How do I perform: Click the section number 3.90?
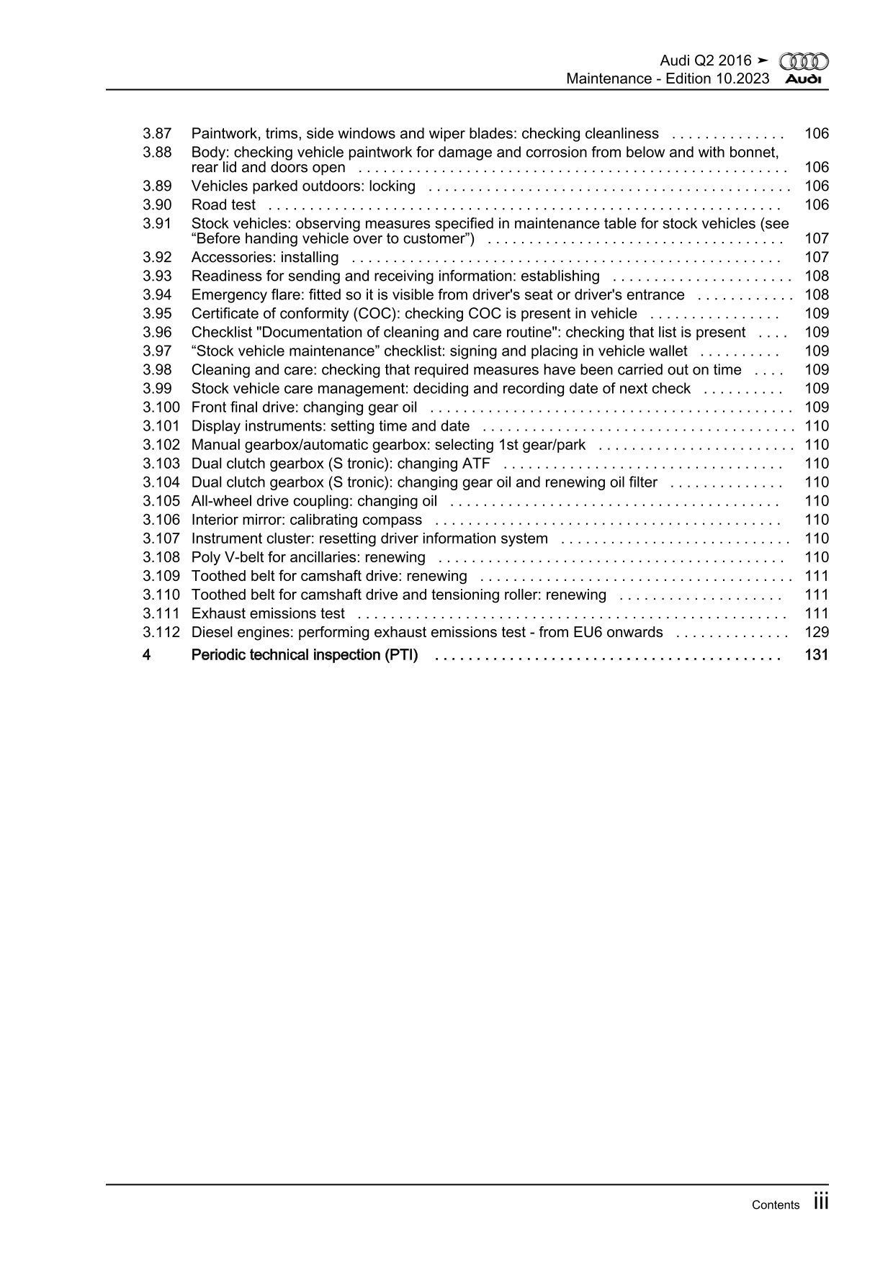pyautogui.click(x=157, y=205)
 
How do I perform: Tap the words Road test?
pyautogui.click(x=223, y=205)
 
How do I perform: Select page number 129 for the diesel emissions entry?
pyautogui.click(x=817, y=633)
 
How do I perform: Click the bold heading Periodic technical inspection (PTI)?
pyautogui.click(x=304, y=655)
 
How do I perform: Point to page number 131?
pyautogui.click(x=817, y=655)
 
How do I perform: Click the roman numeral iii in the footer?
pyautogui.click(x=821, y=1202)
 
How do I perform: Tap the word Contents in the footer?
pyautogui.click(x=775, y=1205)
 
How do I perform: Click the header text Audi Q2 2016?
pyautogui.click(x=706, y=61)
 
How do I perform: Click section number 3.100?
pyautogui.click(x=161, y=407)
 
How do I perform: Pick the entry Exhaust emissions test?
pyautogui.click(x=268, y=614)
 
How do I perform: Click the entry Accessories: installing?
pyautogui.click(x=265, y=258)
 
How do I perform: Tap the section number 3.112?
pyautogui.click(x=161, y=633)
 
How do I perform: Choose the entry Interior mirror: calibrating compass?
pyautogui.click(x=307, y=520)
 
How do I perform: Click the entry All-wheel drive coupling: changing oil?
pyautogui.click(x=314, y=501)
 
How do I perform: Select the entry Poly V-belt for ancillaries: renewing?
pyautogui.click(x=308, y=557)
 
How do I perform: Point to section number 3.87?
pyautogui.click(x=157, y=134)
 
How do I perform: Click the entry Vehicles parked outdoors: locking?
pyautogui.click(x=303, y=186)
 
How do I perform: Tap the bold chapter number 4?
pyautogui.click(x=146, y=655)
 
